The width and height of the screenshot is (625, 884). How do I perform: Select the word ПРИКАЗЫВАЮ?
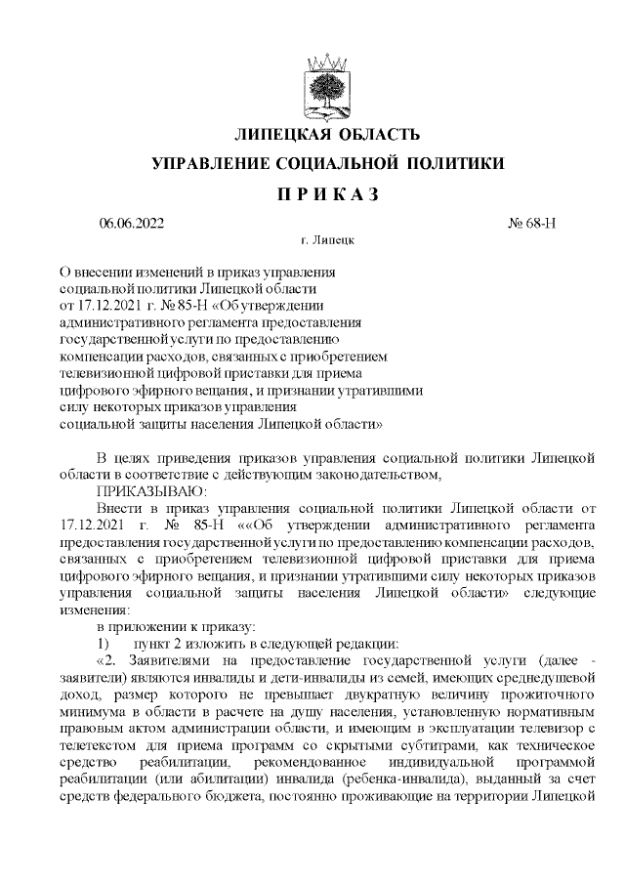(152, 490)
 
